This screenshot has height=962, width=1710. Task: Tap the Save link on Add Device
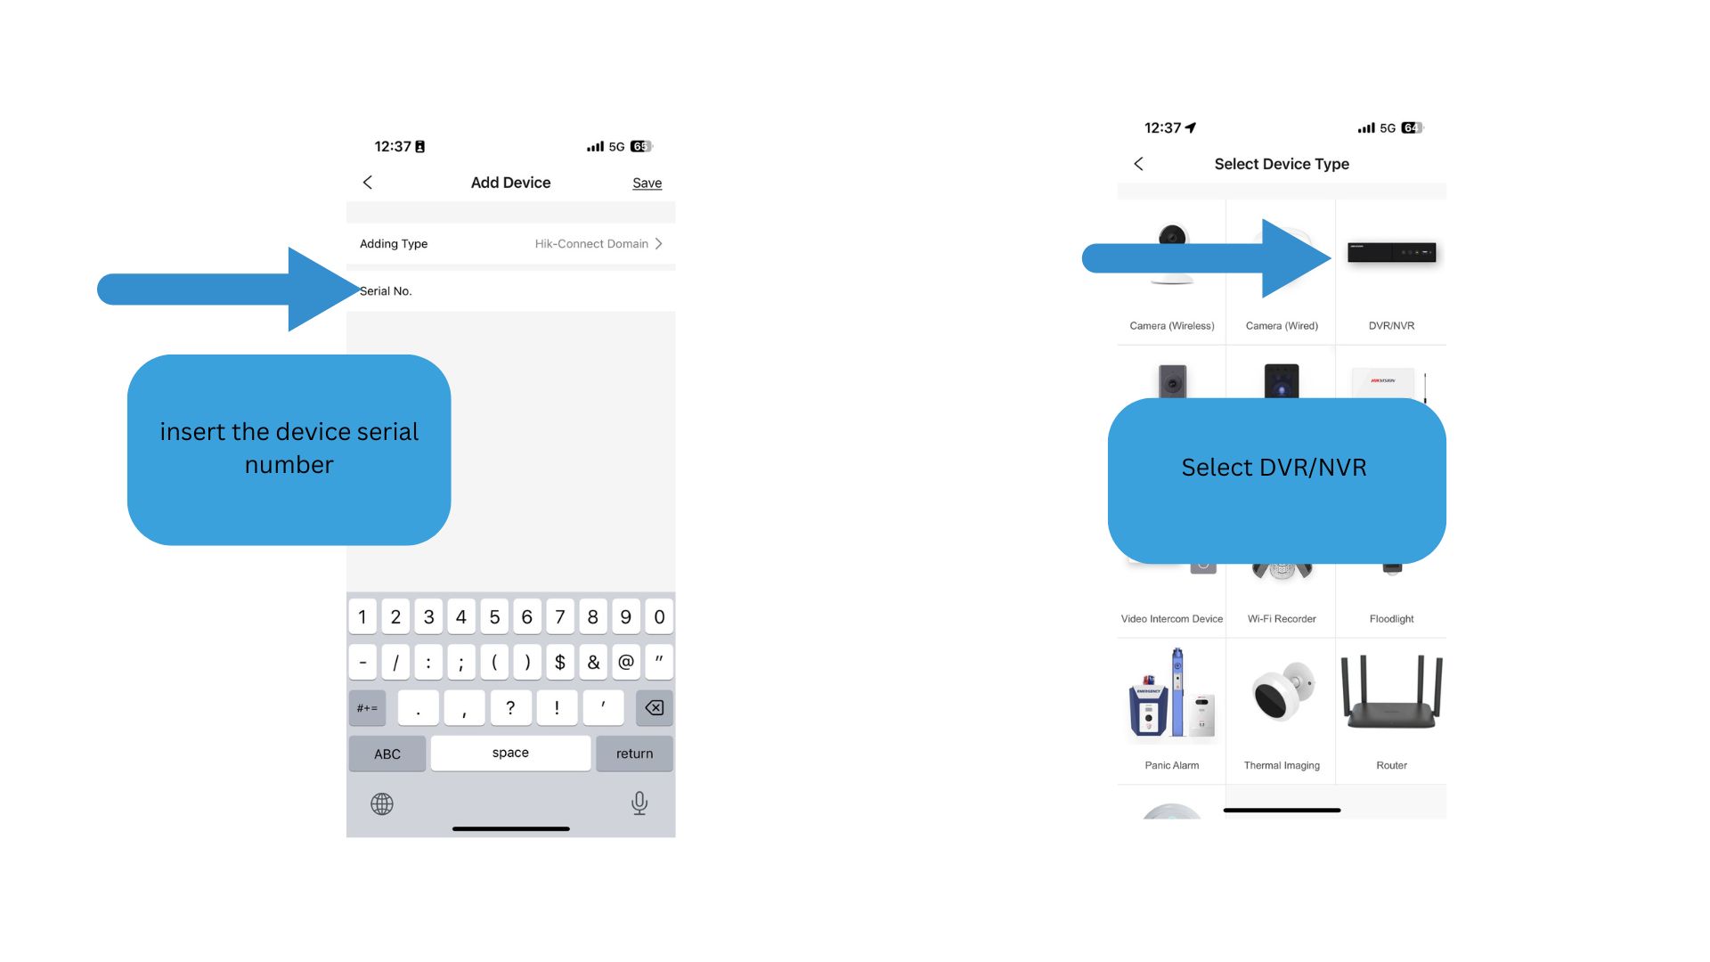coord(647,183)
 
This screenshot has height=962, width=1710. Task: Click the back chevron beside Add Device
coord(367,183)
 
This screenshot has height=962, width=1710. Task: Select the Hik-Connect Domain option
coord(591,244)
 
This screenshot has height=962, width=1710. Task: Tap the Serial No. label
coord(386,291)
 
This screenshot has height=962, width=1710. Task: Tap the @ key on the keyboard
coord(626,662)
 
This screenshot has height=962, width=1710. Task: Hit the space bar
coord(510,753)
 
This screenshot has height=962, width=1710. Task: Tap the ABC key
coord(387,754)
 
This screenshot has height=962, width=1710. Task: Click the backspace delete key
coord(655,708)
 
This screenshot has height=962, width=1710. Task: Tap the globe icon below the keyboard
coord(382,804)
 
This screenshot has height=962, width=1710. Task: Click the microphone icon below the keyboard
coord(639,803)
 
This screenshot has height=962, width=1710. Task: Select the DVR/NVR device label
coord(1391,326)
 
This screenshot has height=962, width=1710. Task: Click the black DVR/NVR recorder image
coord(1391,253)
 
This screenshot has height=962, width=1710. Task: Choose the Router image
coord(1391,693)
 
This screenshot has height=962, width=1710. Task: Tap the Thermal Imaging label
coord(1282,766)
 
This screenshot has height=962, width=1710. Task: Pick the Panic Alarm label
coord(1172,766)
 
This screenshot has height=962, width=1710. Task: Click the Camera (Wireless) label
coord(1172,326)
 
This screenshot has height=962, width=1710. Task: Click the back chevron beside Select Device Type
coord(1138,164)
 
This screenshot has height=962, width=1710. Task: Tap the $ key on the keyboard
coord(560,662)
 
